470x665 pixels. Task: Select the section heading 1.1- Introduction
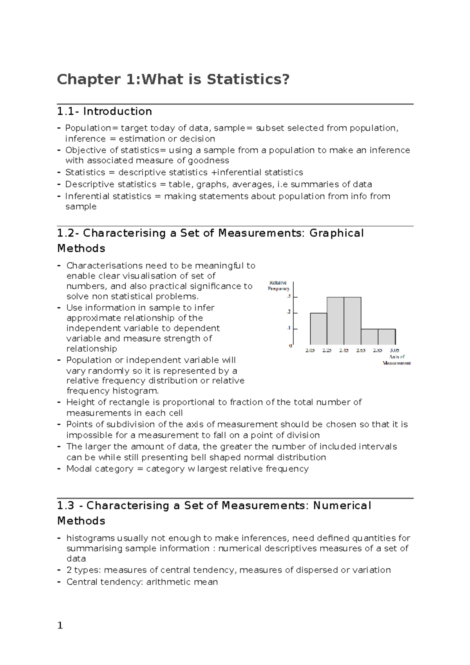(x=105, y=112)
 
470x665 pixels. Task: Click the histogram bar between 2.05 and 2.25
(x=318, y=329)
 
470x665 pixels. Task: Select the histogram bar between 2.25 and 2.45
(x=335, y=321)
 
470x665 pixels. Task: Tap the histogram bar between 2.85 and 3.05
(x=387, y=337)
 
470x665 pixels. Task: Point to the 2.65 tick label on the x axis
(x=361, y=351)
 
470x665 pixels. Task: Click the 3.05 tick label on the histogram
(x=394, y=351)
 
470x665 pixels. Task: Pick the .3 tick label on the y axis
(x=289, y=296)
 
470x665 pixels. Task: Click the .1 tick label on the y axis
(x=289, y=328)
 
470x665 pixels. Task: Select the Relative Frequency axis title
(x=278, y=286)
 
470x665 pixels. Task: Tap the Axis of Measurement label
(x=397, y=360)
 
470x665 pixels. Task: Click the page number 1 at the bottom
(x=60, y=625)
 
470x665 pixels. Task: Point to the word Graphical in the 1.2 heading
(x=336, y=233)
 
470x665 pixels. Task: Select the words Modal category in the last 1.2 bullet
(x=100, y=469)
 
